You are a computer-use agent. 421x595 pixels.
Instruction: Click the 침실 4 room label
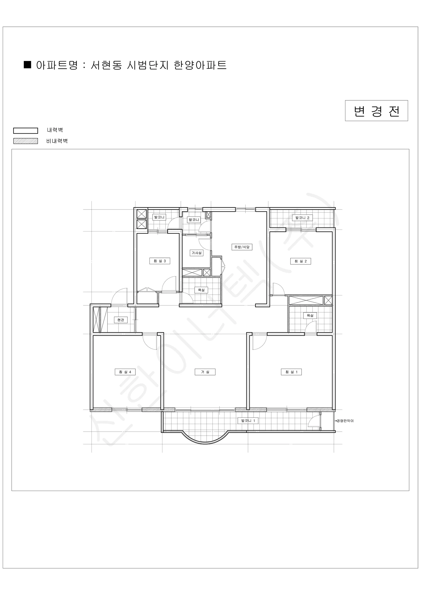pos(125,372)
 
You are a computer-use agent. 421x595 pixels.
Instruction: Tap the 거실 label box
pos(205,372)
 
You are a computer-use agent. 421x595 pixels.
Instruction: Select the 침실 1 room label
pos(291,372)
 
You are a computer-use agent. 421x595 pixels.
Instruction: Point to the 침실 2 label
pos(301,261)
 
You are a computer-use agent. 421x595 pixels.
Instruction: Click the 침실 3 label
pos(160,261)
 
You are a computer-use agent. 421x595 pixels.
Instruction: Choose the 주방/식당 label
pos(242,247)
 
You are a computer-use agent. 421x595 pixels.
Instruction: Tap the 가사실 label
pos(197,253)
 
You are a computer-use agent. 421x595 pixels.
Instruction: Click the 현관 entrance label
pos(121,320)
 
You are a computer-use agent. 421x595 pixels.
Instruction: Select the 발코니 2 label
pos(302,218)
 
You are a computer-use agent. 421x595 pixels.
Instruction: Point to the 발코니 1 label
pos(248,421)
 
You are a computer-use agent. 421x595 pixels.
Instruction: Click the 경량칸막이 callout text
pos(345,421)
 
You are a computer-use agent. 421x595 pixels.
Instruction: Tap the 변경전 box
pos(376,111)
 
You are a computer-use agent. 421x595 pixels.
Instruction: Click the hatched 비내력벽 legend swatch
pos(26,141)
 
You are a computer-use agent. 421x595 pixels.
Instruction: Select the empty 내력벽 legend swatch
pos(26,131)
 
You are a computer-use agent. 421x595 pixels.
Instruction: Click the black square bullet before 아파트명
pos(28,64)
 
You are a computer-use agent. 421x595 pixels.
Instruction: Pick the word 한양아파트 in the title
pos(200,65)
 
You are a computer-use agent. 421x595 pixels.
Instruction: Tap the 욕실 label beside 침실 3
pos(201,290)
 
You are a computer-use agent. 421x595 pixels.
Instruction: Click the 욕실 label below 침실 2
pos(310,315)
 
